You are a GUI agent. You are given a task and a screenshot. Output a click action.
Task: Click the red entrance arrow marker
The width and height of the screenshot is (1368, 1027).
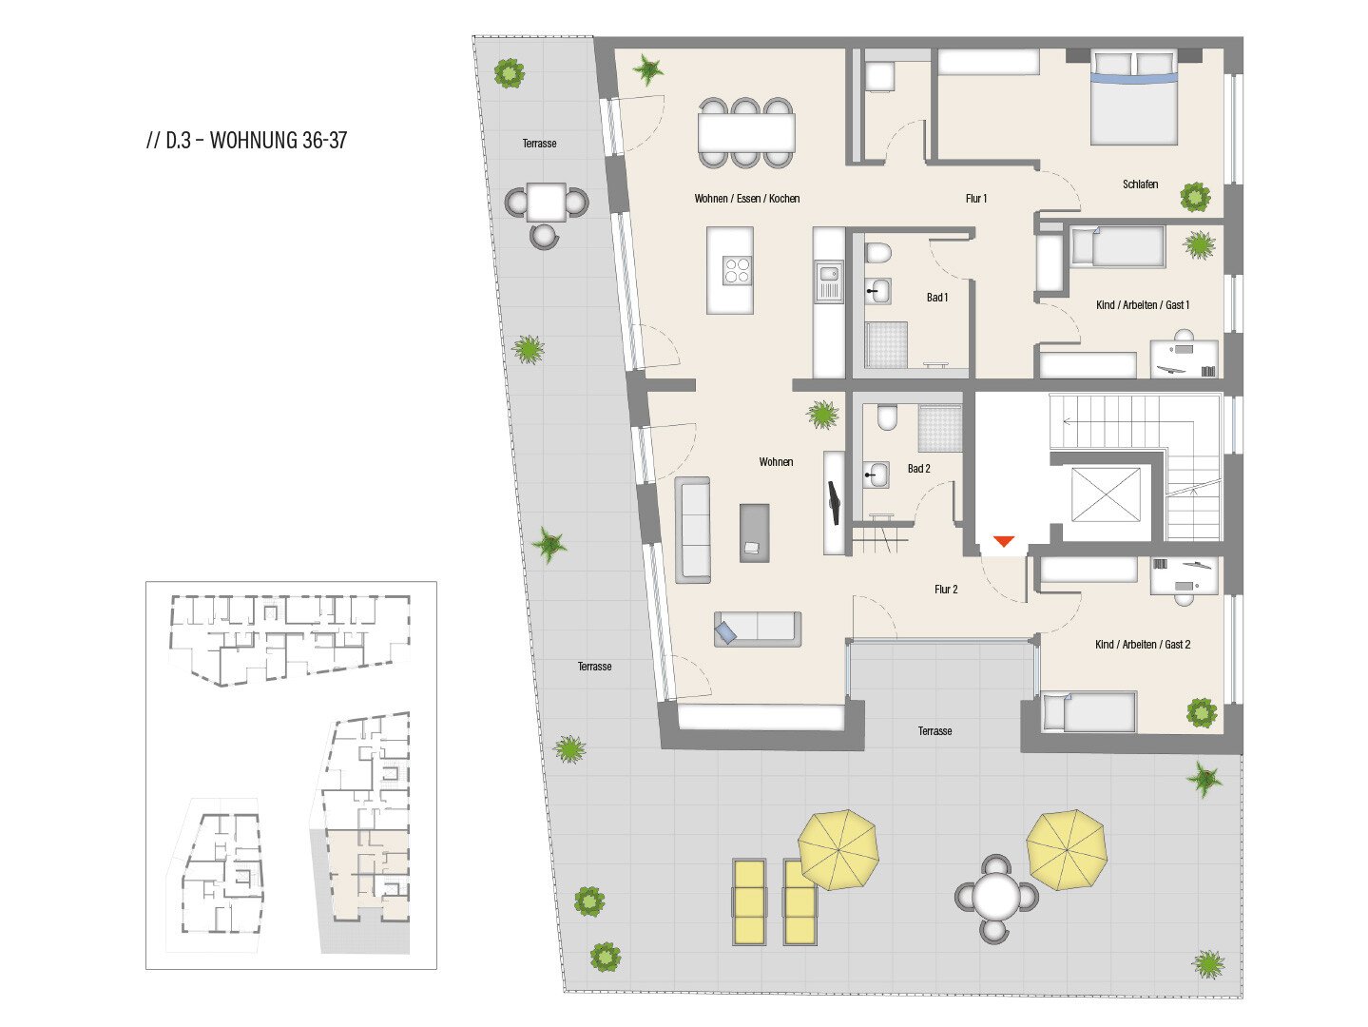pos(1003,541)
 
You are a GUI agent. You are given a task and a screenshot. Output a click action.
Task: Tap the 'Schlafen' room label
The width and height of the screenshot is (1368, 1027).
pos(1140,184)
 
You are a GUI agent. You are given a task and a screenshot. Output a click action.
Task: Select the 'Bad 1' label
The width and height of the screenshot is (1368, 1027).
pos(936,298)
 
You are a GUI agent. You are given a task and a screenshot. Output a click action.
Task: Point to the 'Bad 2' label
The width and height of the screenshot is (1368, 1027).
pos(918,469)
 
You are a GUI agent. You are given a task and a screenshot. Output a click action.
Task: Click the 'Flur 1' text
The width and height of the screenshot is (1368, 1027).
pos(976,199)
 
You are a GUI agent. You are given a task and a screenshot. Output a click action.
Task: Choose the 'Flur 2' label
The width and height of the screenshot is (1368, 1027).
pos(946,590)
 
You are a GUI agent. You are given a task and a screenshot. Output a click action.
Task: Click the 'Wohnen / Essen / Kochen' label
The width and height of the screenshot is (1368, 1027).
pos(746,199)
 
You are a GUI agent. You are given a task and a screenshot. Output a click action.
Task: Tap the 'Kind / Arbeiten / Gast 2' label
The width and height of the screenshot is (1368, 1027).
pos(1143,645)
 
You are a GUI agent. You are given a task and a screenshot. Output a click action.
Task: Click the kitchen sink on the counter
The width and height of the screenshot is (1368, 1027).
pos(829,281)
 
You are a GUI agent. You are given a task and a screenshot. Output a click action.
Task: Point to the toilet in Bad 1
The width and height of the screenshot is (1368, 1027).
pos(878,253)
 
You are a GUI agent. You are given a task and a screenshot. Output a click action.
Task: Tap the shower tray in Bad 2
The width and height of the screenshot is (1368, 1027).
pos(940,428)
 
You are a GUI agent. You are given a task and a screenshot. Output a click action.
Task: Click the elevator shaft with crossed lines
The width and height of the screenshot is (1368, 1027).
pos(1106,494)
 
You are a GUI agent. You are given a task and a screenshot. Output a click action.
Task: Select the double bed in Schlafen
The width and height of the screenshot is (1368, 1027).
pos(1134,98)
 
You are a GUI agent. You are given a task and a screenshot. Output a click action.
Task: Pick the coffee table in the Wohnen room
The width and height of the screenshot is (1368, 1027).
pos(754,533)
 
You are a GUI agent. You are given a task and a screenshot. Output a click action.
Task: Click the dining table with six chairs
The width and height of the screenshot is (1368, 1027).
pos(746,133)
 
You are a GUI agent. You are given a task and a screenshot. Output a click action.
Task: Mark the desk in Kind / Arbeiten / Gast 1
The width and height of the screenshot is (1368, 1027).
pos(1184,358)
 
